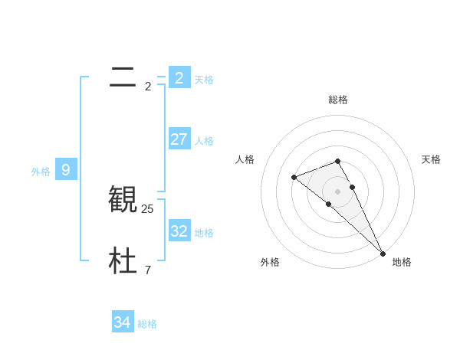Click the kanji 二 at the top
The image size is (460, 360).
click(x=123, y=77)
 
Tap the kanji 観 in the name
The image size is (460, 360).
click(x=123, y=199)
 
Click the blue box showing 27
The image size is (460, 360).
click(x=179, y=139)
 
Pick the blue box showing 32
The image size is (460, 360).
click(x=179, y=231)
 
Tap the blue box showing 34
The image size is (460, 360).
click(x=123, y=322)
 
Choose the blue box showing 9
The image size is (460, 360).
click(x=66, y=170)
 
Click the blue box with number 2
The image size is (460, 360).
click(x=179, y=78)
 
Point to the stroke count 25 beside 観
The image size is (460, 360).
click(x=148, y=208)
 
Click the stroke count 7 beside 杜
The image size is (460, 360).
click(x=148, y=270)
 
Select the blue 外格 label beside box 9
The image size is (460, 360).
click(x=41, y=172)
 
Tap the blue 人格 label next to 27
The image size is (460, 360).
click(x=204, y=141)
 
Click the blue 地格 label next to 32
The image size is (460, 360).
click(x=204, y=233)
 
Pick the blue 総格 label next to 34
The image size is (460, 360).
click(x=147, y=324)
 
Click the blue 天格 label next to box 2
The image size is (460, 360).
click(x=204, y=80)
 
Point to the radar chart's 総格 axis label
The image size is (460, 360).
click(x=338, y=100)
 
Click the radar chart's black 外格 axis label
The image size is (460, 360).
click(x=270, y=262)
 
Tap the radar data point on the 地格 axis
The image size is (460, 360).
click(x=383, y=253)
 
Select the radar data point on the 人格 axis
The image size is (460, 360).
click(x=294, y=178)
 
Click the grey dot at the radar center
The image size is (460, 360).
click(x=338, y=191)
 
